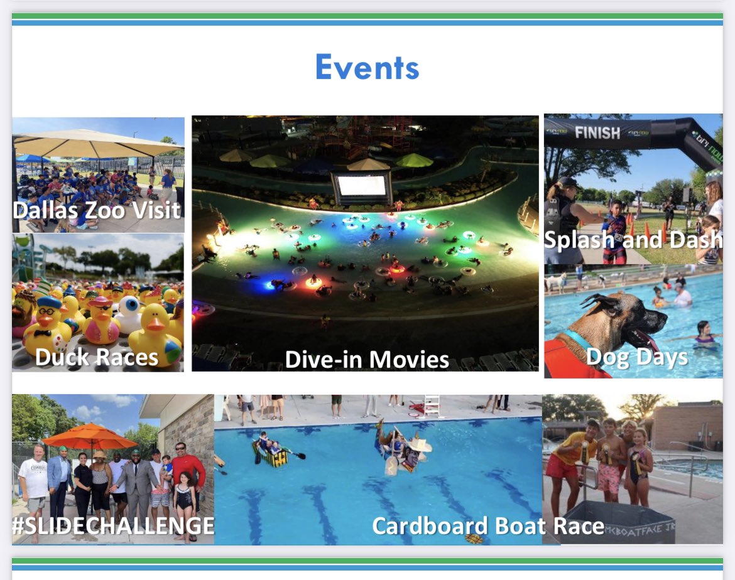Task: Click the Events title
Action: pos(367,68)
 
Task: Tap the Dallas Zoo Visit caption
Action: pos(97,210)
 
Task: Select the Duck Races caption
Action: pos(96,357)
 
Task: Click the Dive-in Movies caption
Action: pos(367,360)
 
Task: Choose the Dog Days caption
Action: pos(636,357)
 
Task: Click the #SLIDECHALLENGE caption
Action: pos(113,525)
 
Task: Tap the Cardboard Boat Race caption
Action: pos(488,526)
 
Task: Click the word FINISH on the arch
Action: pos(597,132)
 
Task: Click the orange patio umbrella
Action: pos(90,436)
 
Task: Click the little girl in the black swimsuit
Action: pos(184,502)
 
